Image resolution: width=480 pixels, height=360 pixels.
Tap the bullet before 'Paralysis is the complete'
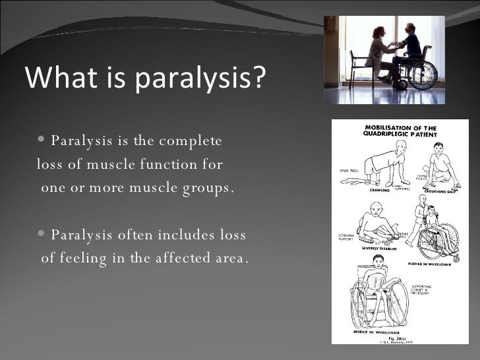point(43,140)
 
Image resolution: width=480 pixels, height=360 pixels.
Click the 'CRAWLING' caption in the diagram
point(379,189)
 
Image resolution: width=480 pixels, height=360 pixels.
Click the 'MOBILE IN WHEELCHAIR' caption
point(372,334)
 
